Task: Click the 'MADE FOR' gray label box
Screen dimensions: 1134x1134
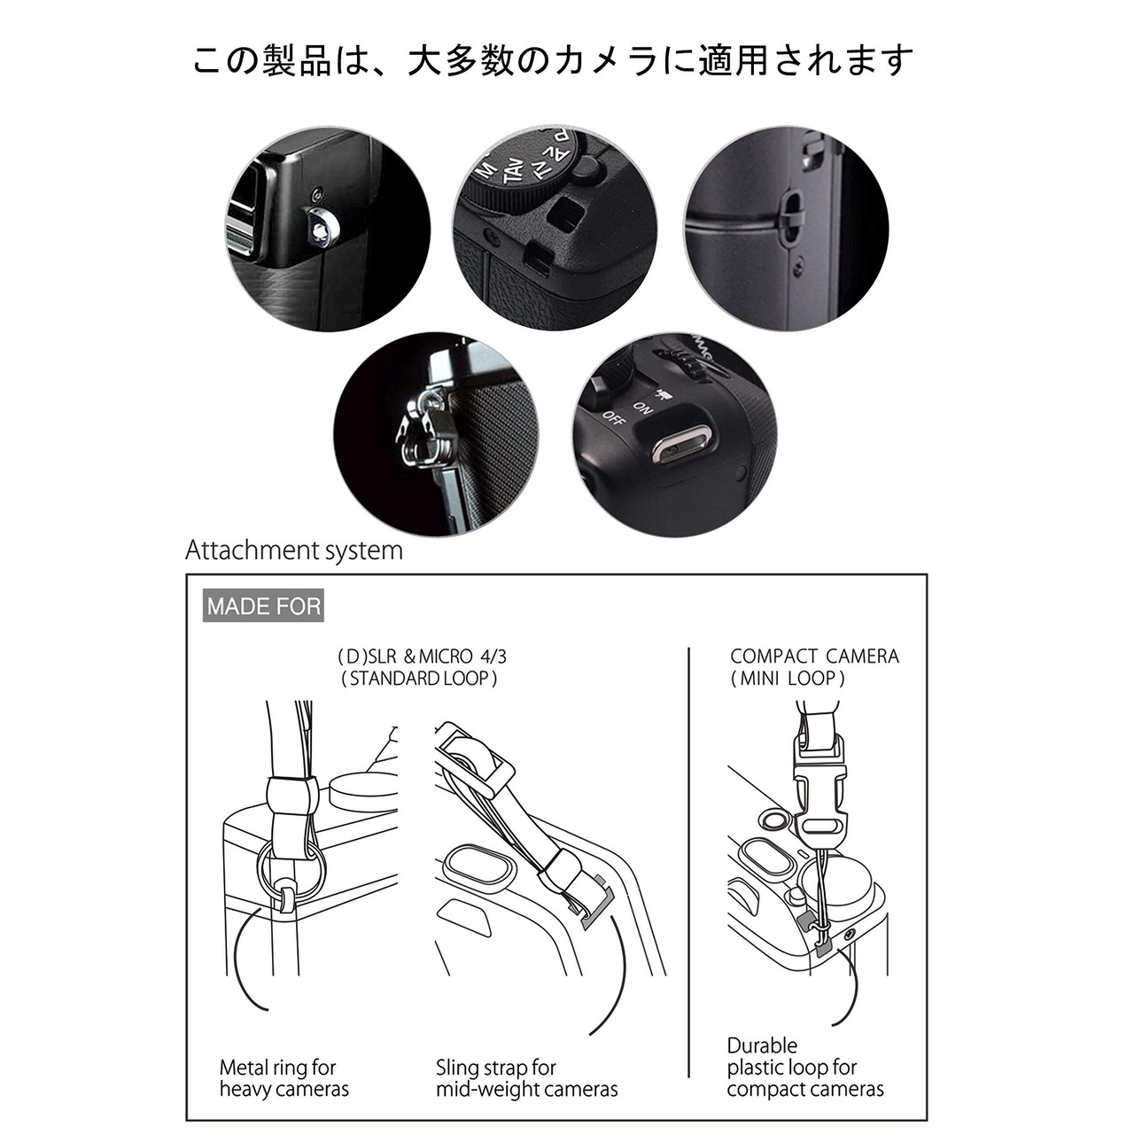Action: click(x=263, y=606)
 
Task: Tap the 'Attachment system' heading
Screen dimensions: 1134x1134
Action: click(x=294, y=550)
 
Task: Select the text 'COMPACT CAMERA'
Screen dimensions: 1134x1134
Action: click(x=814, y=656)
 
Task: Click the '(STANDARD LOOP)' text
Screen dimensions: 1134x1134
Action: click(x=420, y=679)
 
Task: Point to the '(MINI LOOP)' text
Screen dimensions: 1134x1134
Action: click(x=788, y=679)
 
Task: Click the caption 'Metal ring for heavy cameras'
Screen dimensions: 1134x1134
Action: click(x=284, y=1078)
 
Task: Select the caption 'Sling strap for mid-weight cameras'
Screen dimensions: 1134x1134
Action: click(x=526, y=1078)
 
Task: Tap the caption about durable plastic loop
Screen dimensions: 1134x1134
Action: click(x=805, y=1067)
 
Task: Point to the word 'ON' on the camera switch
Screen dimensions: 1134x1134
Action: click(x=642, y=408)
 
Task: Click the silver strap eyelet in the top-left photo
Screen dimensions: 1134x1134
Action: click(x=322, y=227)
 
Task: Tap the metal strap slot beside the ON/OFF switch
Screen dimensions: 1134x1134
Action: click(x=681, y=448)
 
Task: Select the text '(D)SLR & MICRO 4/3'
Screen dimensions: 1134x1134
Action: click(x=422, y=656)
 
